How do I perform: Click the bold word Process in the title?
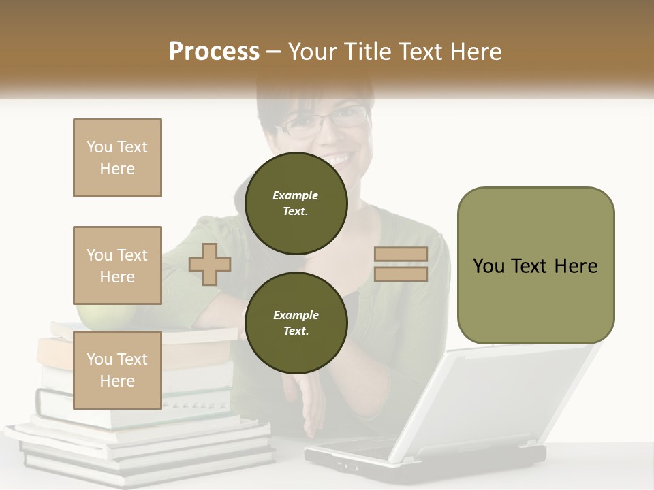pos(214,52)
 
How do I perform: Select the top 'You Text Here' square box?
pos(117,158)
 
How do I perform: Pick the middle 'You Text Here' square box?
pos(117,265)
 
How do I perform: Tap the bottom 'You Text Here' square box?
pos(117,370)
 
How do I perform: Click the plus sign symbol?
pos(210,264)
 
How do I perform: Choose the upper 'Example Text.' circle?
pos(296,203)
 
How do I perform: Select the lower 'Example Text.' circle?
pos(296,323)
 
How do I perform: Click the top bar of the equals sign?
pos(401,255)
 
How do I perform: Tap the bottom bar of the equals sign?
pos(401,274)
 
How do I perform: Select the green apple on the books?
pos(93,314)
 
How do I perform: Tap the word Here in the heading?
pos(475,52)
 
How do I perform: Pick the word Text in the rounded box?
pos(529,266)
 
